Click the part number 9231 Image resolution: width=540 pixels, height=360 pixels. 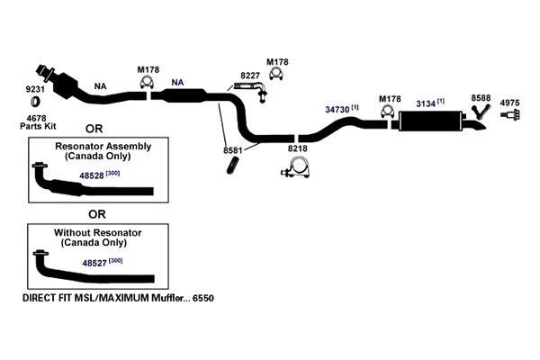[x=35, y=89]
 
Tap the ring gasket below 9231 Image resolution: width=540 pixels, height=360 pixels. [x=35, y=102]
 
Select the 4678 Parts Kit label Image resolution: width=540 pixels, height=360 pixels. [x=38, y=122]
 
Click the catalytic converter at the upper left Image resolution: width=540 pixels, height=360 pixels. [x=66, y=86]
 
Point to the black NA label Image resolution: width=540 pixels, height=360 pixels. [x=100, y=86]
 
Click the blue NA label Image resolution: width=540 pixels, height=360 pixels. [x=177, y=82]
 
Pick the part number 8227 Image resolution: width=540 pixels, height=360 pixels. [x=250, y=75]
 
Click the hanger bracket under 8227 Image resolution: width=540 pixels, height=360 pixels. [x=251, y=89]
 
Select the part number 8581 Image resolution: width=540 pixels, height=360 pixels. [x=233, y=150]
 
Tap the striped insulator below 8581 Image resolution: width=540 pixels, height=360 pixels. [x=233, y=166]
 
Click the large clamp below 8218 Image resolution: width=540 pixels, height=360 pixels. [x=296, y=167]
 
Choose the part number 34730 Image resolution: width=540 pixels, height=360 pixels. [x=337, y=110]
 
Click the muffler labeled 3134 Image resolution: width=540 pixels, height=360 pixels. [x=430, y=121]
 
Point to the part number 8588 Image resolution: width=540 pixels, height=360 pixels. [x=481, y=98]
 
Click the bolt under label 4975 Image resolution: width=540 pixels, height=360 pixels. [x=510, y=114]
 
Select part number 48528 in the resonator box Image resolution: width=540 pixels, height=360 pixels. [x=92, y=175]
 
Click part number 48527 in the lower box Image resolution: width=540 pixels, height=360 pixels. [x=94, y=263]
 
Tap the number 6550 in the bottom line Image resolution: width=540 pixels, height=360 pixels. [x=203, y=298]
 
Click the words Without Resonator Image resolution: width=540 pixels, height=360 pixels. [x=98, y=233]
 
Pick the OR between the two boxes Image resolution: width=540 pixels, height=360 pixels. [x=97, y=214]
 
